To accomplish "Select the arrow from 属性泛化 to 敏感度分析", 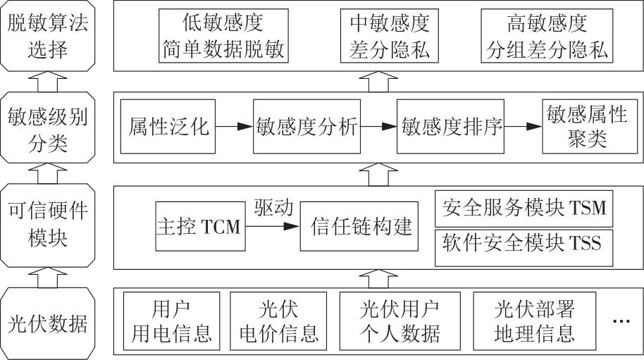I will coord(234,128).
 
